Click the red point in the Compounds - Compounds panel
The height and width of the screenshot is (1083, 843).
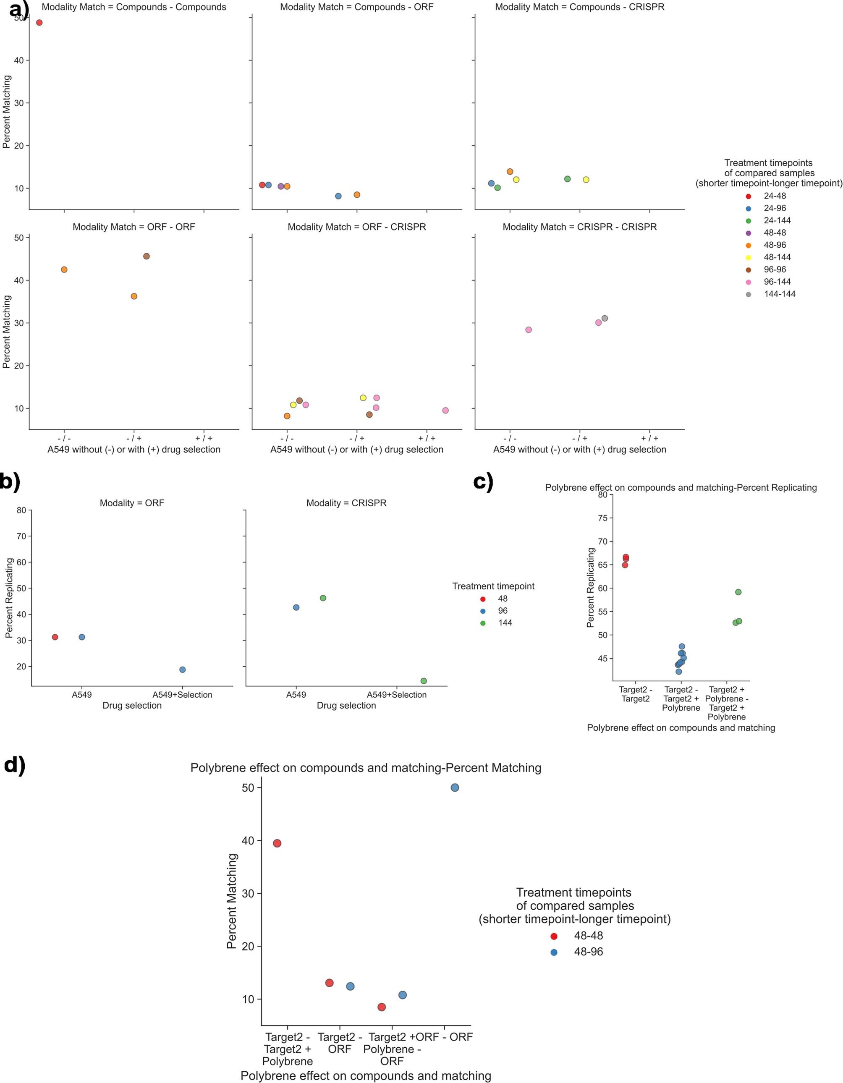click(x=39, y=22)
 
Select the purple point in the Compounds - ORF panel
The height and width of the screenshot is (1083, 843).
click(x=281, y=186)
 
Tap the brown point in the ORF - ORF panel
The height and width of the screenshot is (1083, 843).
click(x=146, y=256)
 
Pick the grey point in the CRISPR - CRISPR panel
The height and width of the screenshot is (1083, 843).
click(x=605, y=318)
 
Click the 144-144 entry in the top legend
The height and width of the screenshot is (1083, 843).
click(x=779, y=294)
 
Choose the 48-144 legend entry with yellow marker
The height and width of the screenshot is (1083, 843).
click(x=777, y=257)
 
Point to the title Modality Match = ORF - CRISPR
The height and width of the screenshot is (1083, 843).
click(x=356, y=227)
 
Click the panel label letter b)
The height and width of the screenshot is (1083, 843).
click(x=10, y=481)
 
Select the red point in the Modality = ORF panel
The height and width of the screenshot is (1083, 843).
click(x=55, y=637)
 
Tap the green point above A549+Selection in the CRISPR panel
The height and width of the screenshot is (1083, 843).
click(x=424, y=681)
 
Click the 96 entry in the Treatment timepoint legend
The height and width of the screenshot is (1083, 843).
click(x=503, y=611)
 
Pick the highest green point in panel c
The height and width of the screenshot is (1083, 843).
click(x=738, y=592)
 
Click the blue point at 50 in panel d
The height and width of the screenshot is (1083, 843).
click(x=455, y=787)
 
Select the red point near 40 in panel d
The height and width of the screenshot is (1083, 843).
click(x=277, y=843)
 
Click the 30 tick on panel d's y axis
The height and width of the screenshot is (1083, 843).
click(x=248, y=894)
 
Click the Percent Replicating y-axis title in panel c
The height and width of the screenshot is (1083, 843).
click(x=591, y=588)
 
